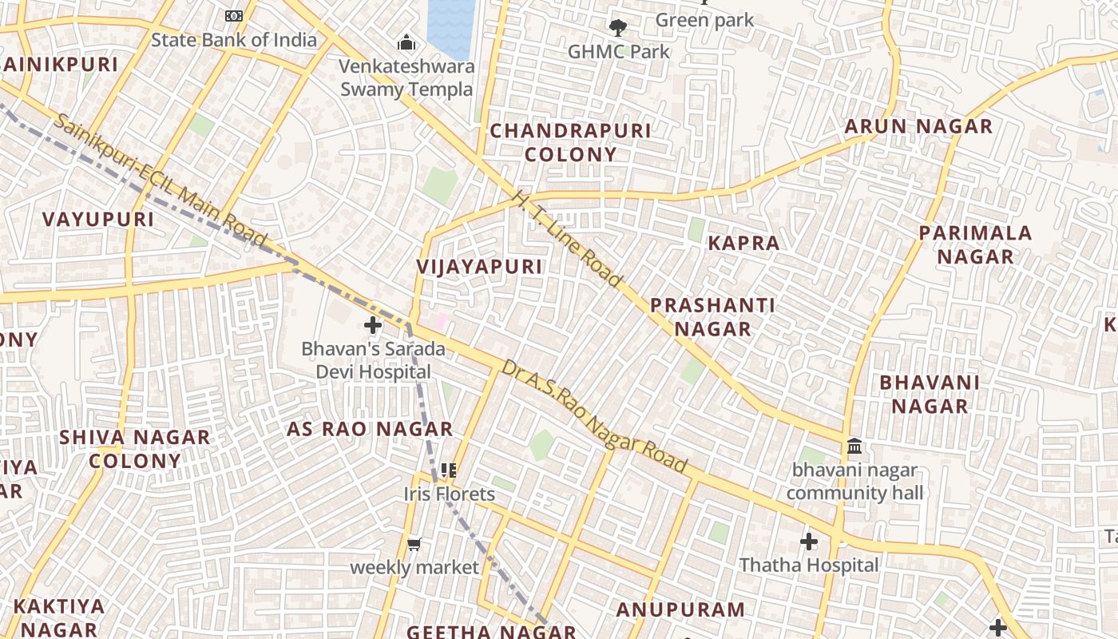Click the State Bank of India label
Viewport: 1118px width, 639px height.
coord(233,39)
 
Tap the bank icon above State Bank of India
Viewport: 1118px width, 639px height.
coord(233,15)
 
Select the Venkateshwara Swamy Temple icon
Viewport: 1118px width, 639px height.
coord(406,42)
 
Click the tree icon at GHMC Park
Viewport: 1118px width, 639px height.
coord(617,28)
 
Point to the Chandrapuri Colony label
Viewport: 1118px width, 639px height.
coord(570,142)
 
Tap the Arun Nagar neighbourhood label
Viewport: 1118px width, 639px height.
coord(918,126)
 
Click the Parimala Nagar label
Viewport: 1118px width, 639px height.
coord(975,244)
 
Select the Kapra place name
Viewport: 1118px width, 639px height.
coord(743,243)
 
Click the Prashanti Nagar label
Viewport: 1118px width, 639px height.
coord(712,316)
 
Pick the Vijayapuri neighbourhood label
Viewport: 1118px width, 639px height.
coord(479,267)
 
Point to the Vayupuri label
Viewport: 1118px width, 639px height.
coord(98,219)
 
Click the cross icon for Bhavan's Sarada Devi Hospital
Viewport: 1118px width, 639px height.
coord(373,325)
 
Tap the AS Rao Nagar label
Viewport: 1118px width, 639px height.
coord(370,429)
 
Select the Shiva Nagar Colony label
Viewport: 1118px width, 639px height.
coord(135,449)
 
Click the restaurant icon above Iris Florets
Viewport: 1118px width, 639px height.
coord(449,470)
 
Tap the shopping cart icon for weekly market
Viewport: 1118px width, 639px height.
coord(414,544)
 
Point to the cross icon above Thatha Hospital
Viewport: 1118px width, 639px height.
coord(809,542)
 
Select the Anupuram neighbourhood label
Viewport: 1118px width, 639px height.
coord(680,609)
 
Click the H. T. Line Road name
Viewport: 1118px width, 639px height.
coord(566,238)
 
